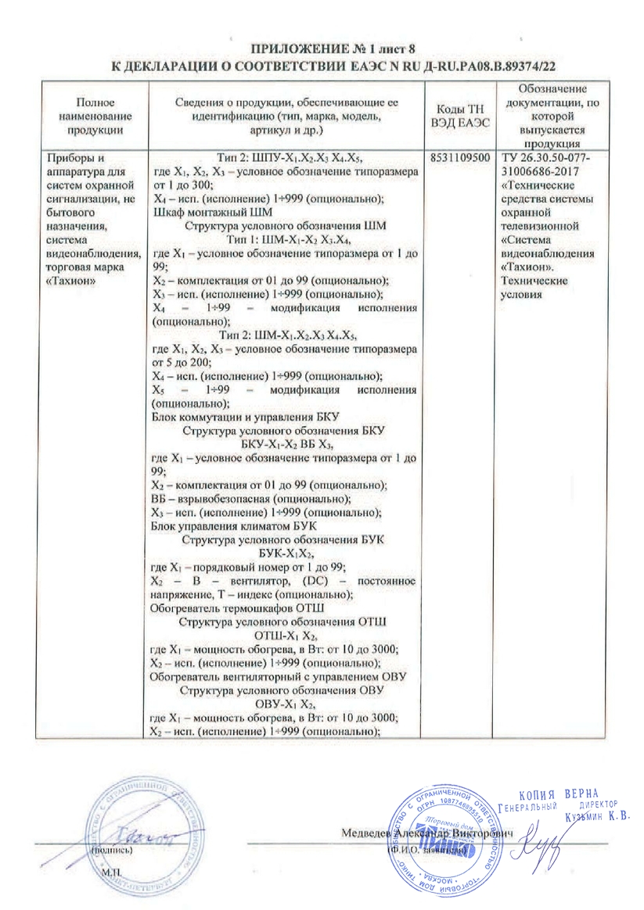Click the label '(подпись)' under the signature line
coord(112,847)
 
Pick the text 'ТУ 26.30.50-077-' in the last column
coord(545,156)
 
